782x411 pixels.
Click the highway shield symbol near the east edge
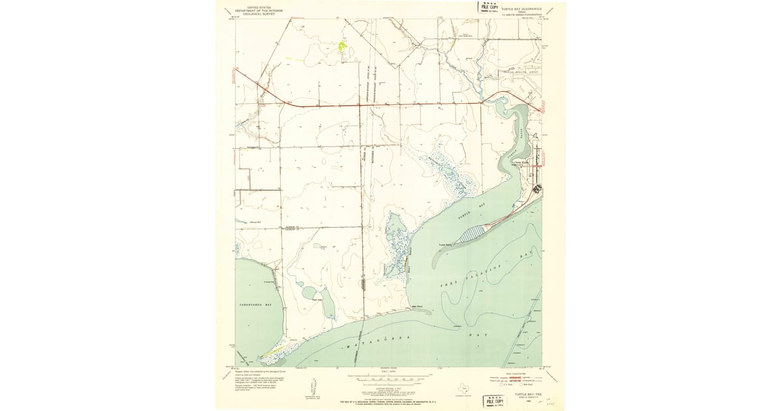coord(536,189)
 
